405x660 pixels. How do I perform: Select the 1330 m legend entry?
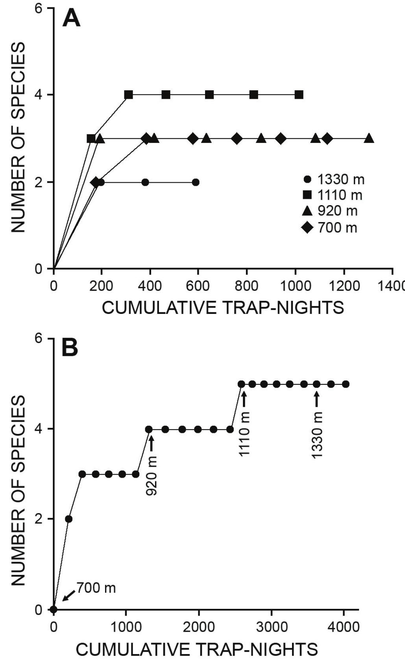335,180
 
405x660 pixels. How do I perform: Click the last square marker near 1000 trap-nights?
299,95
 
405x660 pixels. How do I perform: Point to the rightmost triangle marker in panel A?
369,138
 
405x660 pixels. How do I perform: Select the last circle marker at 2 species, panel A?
196,182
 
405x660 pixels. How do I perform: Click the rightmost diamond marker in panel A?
327,139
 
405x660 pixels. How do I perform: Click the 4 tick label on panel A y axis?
39,95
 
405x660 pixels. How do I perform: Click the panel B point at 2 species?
68,519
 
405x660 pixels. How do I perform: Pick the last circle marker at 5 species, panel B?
346,384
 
